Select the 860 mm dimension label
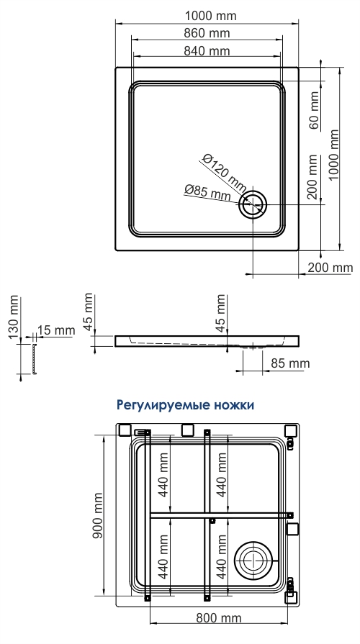207,33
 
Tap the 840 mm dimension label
207,50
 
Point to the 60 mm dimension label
314,112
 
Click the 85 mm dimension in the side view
290,363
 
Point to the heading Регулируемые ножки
185,405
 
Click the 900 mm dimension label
98,515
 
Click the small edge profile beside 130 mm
32,358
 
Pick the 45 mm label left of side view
89,312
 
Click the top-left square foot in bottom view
124,430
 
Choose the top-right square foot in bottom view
291,430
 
